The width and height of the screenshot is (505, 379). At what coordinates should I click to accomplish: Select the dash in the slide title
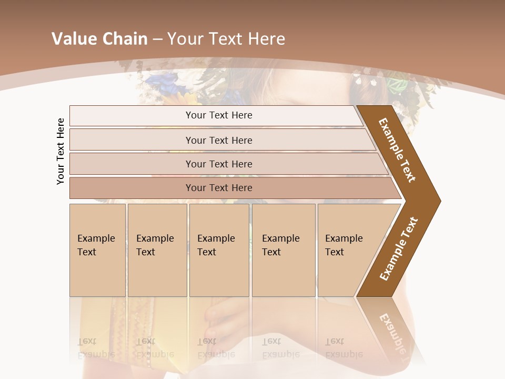[157, 39]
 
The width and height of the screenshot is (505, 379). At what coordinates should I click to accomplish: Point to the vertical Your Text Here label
[60, 152]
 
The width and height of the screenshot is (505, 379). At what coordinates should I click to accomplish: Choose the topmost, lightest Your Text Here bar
[219, 115]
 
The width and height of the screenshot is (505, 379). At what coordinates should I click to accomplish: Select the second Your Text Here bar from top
[219, 140]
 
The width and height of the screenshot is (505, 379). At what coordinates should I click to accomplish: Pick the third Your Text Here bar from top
[219, 164]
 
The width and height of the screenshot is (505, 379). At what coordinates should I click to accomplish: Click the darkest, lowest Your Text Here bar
[219, 188]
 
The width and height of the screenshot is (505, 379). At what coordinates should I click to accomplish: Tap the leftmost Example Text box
[97, 250]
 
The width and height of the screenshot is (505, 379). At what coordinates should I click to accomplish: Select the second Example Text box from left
[157, 250]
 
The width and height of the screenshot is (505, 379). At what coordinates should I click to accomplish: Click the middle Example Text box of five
[219, 250]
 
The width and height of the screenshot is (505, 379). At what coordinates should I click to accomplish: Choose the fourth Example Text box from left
[283, 250]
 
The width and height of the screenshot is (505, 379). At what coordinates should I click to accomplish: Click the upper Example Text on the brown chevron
[397, 150]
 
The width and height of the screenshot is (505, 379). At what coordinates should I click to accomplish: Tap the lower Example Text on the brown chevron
[399, 249]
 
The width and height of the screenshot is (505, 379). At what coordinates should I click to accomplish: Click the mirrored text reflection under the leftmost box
[96, 347]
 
